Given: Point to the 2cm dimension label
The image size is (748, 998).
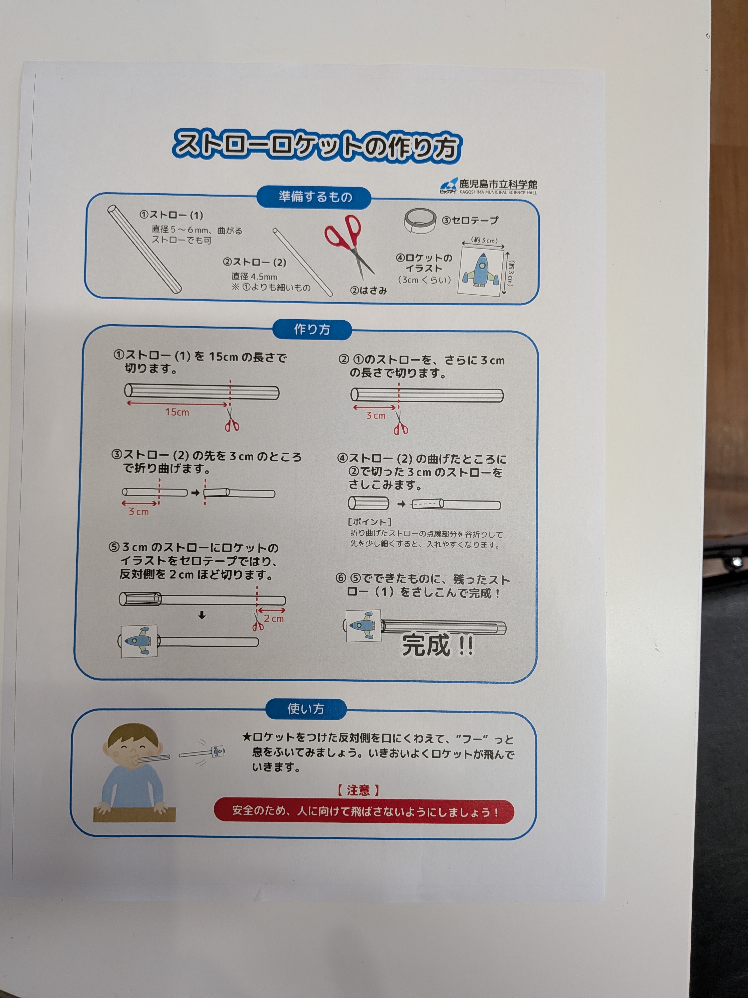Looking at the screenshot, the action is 274,619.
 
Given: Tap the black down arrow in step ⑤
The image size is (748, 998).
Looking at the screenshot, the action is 202,615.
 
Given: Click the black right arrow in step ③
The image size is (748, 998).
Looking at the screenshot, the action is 195,493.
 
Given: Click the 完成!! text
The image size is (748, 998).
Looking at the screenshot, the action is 437,645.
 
